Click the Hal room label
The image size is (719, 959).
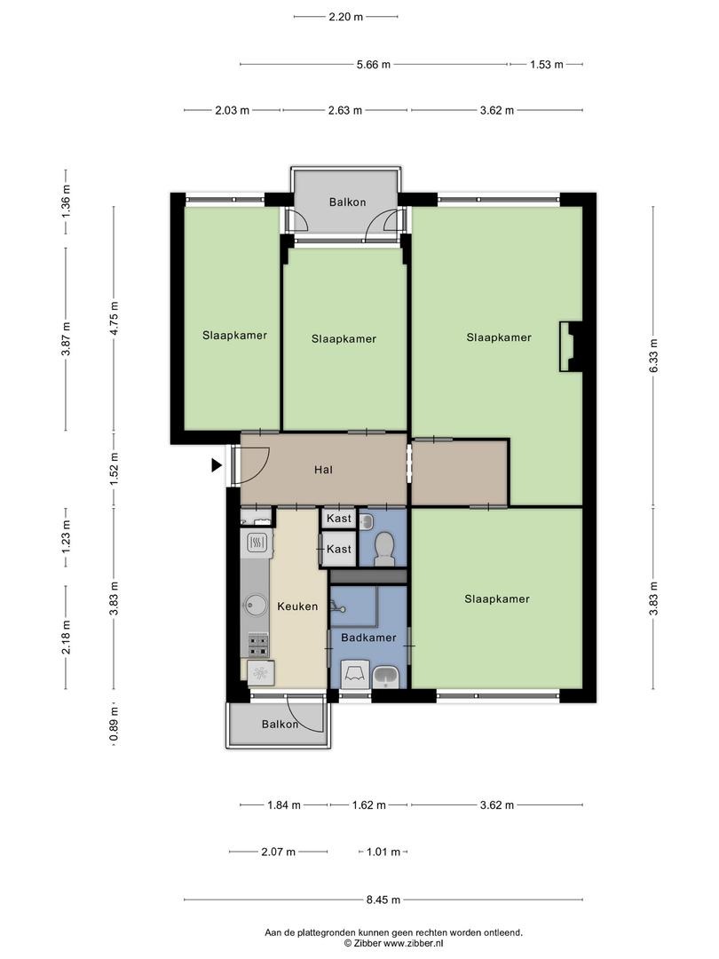323,470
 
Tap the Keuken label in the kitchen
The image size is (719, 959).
297,606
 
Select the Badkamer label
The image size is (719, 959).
368,638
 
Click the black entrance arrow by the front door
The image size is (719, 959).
217,465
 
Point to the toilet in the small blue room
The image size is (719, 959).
383,546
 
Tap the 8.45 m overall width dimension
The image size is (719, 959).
383,900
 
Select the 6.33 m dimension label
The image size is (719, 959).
653,355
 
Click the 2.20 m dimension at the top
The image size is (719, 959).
346,17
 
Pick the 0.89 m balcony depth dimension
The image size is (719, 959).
114,724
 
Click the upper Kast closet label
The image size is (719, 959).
339,519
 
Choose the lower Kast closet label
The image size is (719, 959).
339,550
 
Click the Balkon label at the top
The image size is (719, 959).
347,202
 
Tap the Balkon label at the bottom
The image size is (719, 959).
280,725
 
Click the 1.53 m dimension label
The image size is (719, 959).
547,64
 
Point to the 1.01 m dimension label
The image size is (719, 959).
383,852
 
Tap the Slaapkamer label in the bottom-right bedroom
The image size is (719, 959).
497,598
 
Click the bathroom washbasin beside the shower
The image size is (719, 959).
386,677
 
